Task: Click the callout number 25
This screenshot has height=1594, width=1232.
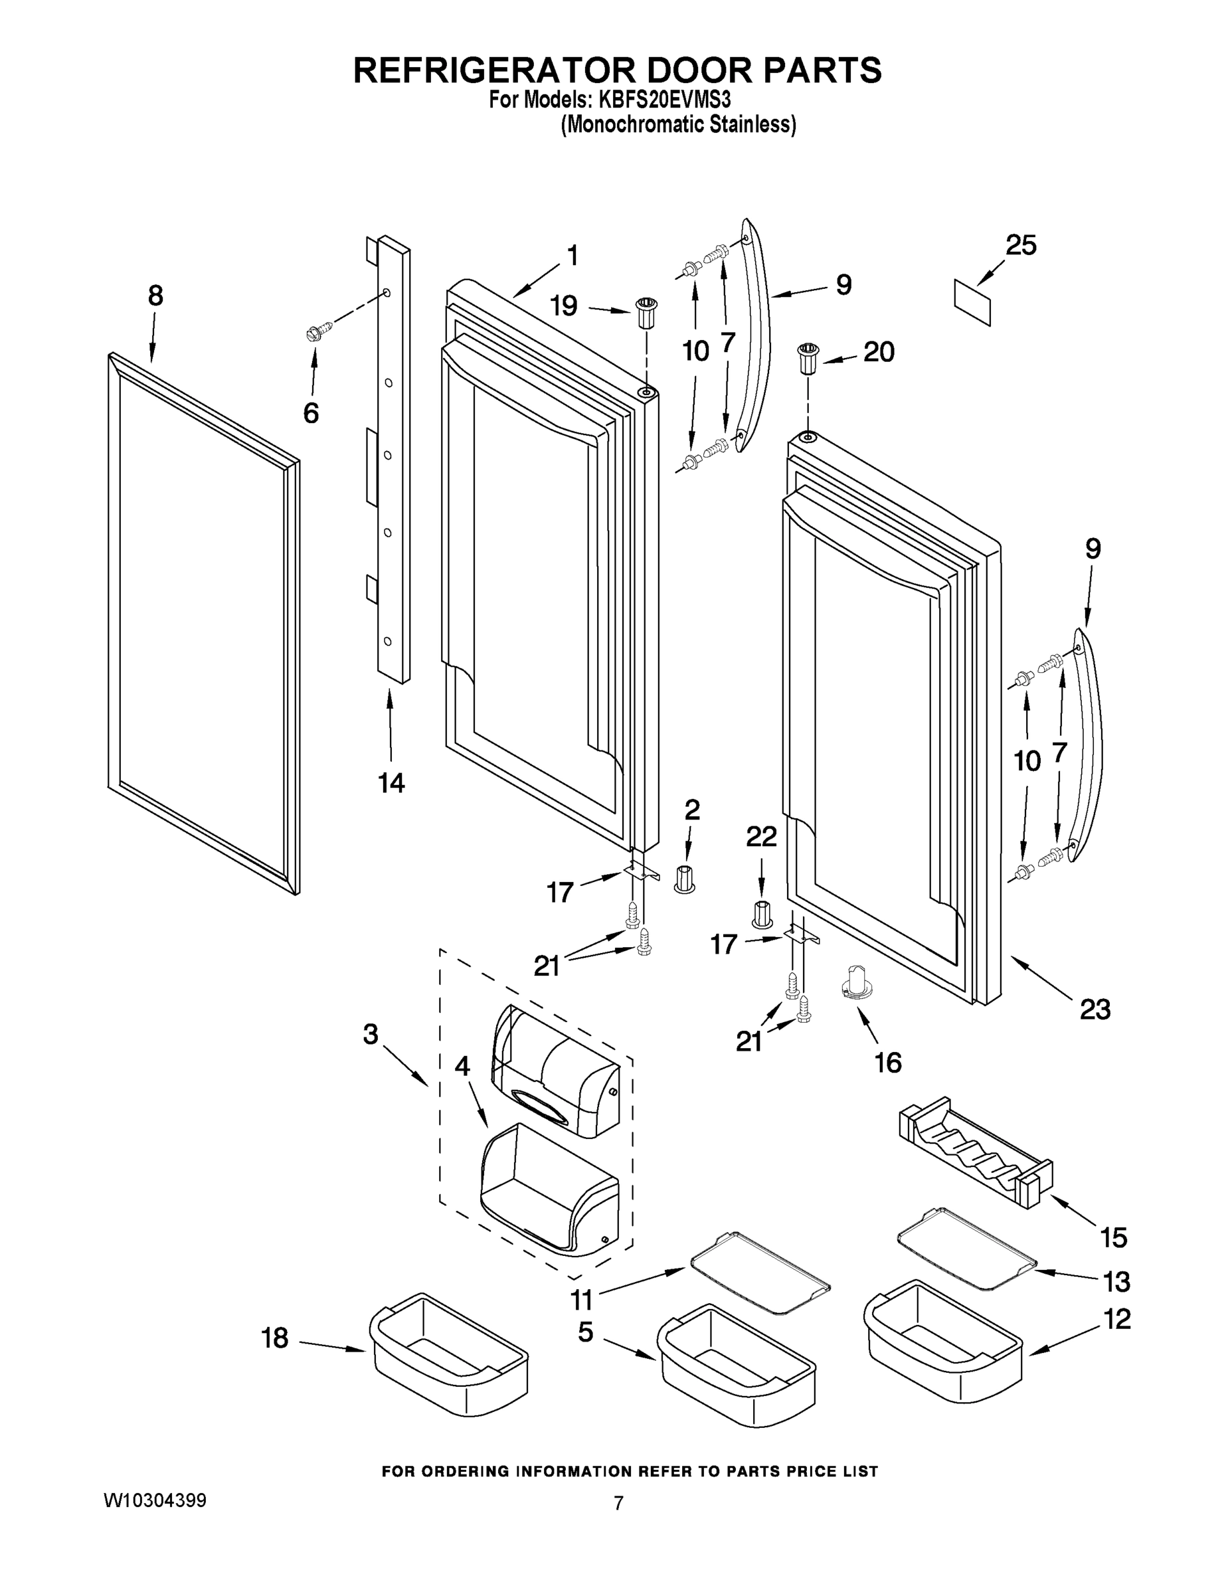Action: tap(1020, 245)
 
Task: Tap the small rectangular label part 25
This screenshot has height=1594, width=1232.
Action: tap(973, 302)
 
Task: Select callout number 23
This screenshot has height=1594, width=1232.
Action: tap(1095, 1010)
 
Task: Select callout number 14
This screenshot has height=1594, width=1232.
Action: tap(391, 783)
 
